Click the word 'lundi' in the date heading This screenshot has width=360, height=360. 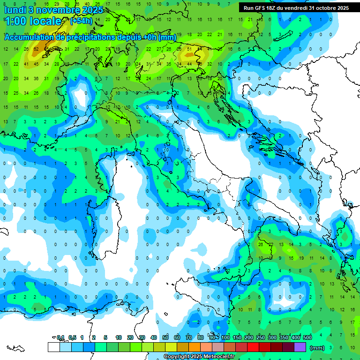coord(15,10)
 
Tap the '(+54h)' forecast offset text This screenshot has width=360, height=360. coord(81,21)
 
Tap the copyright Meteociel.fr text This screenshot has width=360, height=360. coord(199,357)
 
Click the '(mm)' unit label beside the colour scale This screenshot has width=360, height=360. coord(317,347)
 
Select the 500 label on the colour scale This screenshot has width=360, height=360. coord(307,337)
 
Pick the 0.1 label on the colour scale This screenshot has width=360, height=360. coord(60,337)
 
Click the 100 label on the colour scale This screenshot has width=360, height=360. coord(225,337)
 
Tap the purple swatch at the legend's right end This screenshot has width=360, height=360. coord(300,347)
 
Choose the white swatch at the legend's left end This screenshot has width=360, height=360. coord(53,347)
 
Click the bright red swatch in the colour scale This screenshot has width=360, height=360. coord(253,347)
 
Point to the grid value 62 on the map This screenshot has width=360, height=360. coord(36,49)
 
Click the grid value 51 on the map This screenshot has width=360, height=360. coord(189,49)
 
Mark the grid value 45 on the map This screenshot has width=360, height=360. coord(36,64)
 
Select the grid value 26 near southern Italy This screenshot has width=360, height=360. coord(261,244)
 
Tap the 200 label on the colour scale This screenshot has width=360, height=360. coord(249,337)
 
